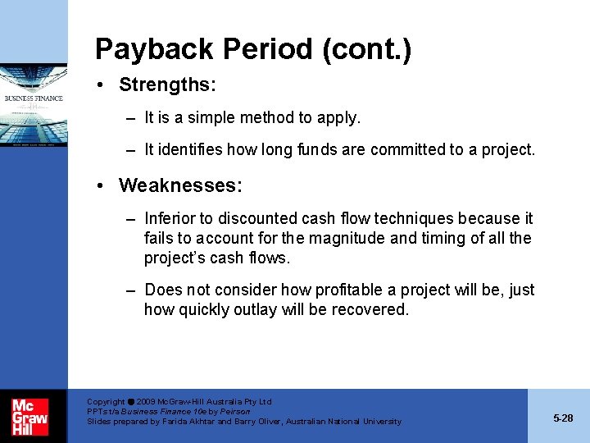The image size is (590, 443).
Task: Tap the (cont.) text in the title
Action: point(366,49)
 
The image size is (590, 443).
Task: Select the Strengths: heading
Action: point(168,84)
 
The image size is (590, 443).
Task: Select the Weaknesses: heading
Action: point(180,185)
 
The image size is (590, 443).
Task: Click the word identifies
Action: point(191,150)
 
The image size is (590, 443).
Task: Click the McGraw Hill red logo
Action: point(30,417)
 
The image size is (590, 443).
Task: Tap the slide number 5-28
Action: point(563,418)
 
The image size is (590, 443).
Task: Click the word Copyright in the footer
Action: point(106,402)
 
